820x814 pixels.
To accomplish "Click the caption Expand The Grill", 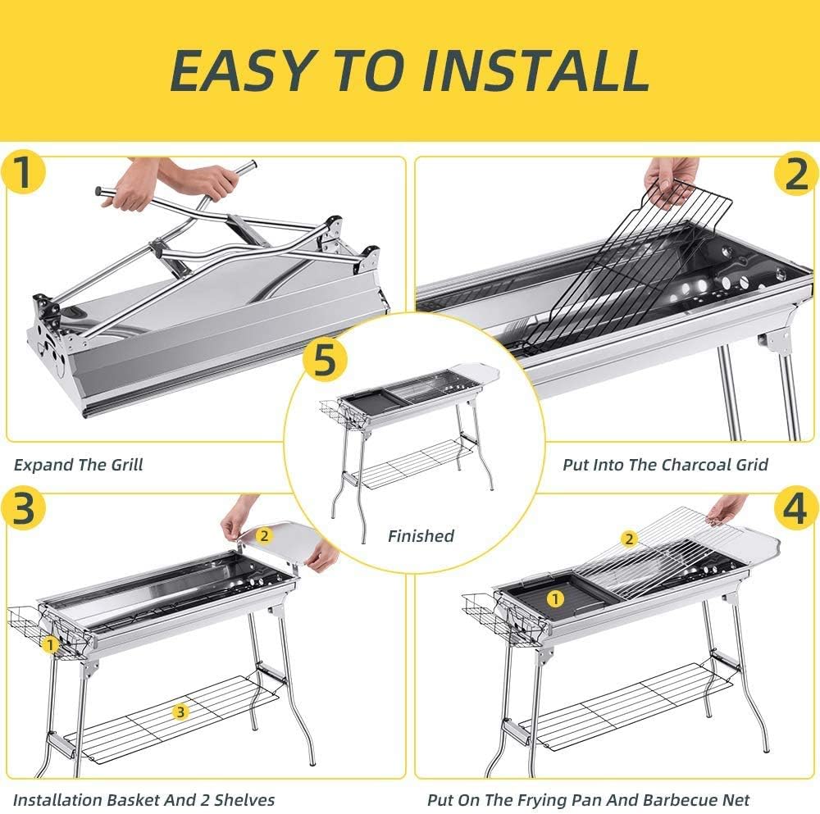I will coord(79,465).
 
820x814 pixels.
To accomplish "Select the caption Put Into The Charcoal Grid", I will coord(665,465).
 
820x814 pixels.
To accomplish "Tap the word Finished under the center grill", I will coord(421,536).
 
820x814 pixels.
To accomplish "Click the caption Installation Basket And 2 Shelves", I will coord(143,799).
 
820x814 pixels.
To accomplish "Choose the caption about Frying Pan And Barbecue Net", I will coord(589,799).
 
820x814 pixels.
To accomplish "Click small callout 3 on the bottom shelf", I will coord(180,712).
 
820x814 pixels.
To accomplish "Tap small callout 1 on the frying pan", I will coord(555,598).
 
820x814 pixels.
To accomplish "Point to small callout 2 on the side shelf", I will coord(264,535).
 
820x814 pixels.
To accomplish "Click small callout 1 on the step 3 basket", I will coord(51,644).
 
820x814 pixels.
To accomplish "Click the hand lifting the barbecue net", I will coord(727,508).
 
